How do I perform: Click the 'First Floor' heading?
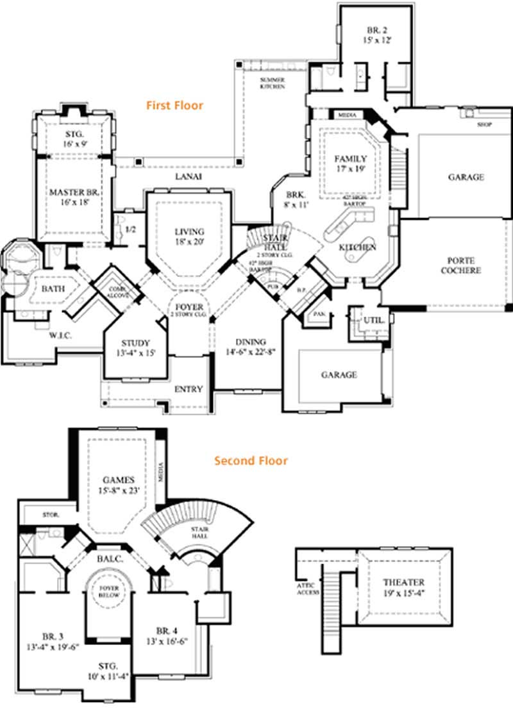tap(174, 105)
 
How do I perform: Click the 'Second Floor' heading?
tap(251, 460)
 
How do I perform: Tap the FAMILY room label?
tap(351, 158)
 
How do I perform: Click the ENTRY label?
tap(189, 389)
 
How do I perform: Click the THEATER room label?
tap(403, 582)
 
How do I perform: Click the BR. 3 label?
tap(53, 637)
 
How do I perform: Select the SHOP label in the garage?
tap(485, 124)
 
